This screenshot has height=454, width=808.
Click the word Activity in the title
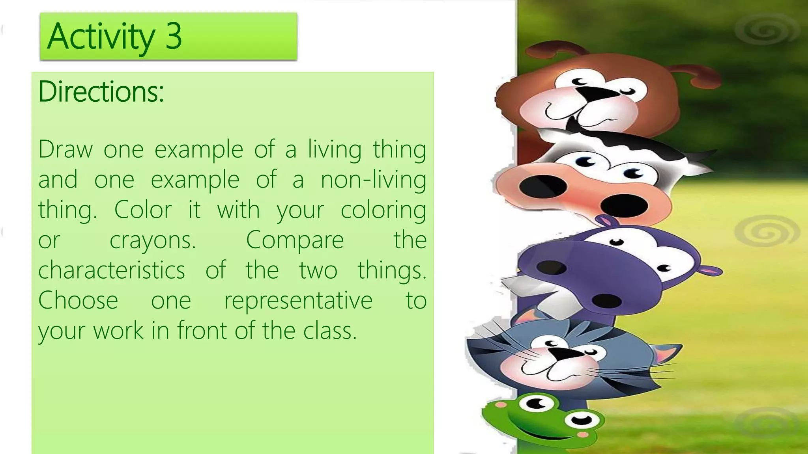pyautogui.click(x=101, y=37)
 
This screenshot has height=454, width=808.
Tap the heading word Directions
pyautogui.click(x=101, y=91)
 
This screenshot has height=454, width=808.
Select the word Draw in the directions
pyautogui.click(x=65, y=150)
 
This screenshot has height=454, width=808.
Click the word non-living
pyautogui.click(x=373, y=180)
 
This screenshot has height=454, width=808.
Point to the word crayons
pyautogui.click(x=153, y=240)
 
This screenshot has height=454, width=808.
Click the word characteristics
pyautogui.click(x=112, y=270)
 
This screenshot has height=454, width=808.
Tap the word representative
pyautogui.click(x=298, y=301)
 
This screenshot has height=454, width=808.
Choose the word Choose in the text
pyautogui.click(x=78, y=300)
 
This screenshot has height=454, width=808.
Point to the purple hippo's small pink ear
pyautogui.click(x=711, y=271)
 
